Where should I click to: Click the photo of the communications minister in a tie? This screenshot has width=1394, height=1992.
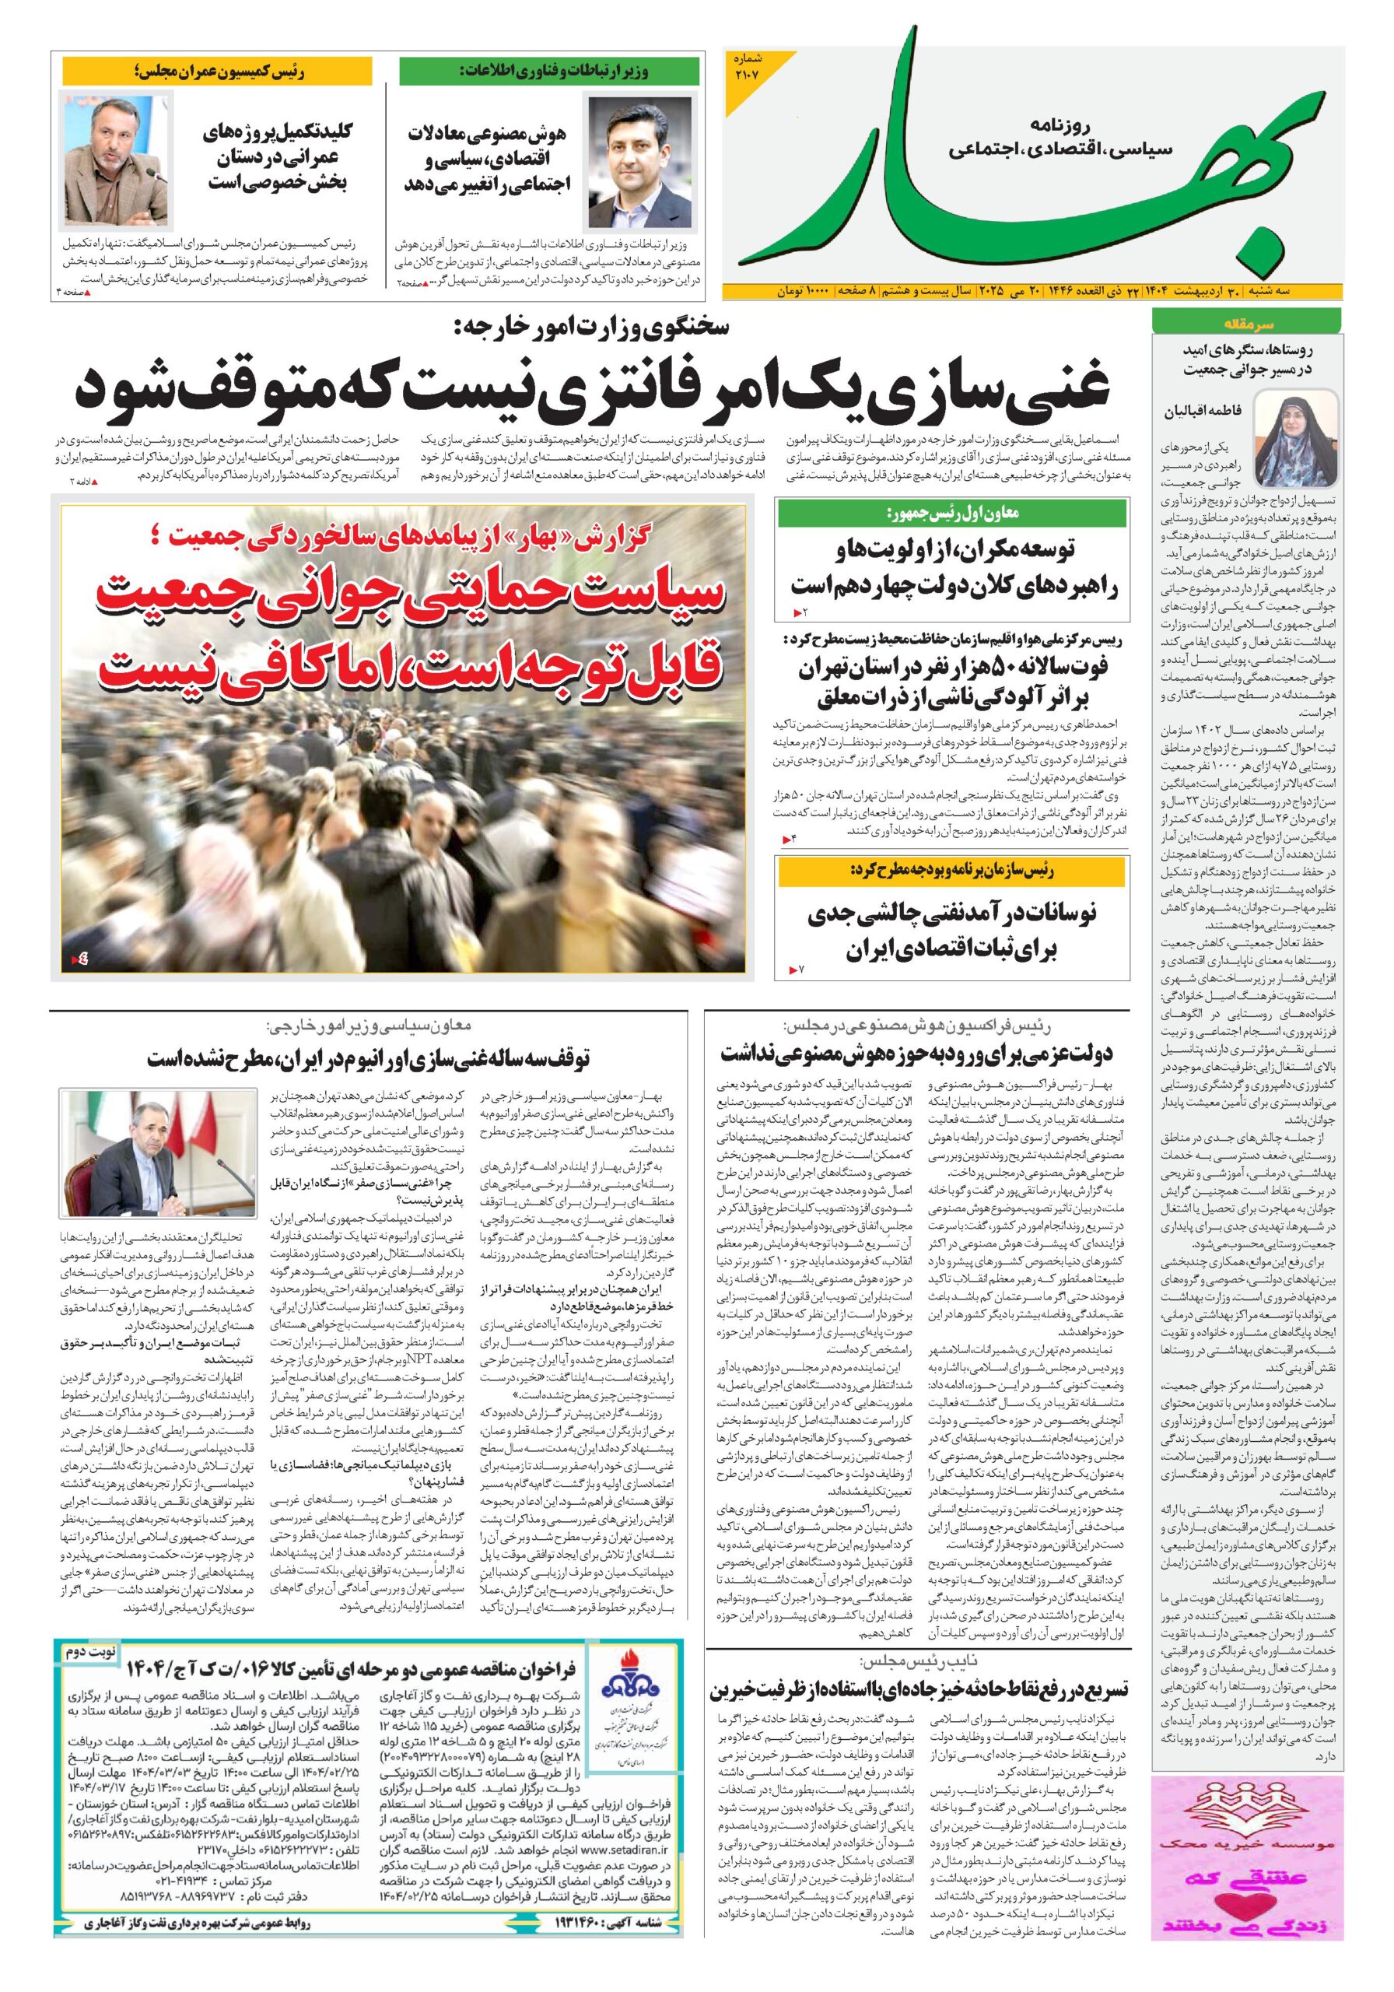[643, 163]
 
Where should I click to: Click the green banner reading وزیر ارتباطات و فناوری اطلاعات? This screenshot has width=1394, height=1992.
[549, 71]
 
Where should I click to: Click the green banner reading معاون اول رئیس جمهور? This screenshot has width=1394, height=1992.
[951, 514]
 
